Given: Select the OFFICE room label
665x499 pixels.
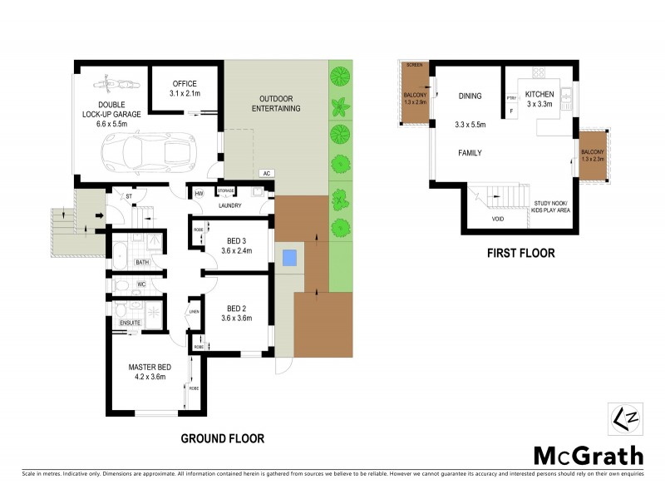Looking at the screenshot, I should pos(184,84).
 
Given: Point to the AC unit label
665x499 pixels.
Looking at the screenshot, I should pos(267,173).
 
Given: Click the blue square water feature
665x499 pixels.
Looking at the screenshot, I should pos(289,258).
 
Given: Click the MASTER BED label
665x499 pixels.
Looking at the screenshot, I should pos(147,366).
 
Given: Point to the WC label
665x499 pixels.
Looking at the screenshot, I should pos(141,284).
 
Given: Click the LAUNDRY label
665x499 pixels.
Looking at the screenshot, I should pos(229,205).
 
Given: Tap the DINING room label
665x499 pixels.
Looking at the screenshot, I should pos(470,96).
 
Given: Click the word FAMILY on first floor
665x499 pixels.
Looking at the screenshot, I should pos(470,153).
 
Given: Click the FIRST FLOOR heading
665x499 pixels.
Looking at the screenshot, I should pos(521,253).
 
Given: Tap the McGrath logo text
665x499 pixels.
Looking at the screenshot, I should pos(588,455).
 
